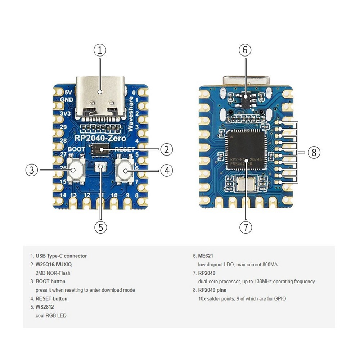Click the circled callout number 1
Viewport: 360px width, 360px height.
[x=100, y=50]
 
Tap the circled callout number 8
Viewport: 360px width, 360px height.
[x=314, y=152]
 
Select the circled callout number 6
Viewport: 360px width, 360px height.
[x=245, y=50]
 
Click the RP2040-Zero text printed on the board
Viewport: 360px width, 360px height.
[x=100, y=138]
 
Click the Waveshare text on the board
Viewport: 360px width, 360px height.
[x=131, y=113]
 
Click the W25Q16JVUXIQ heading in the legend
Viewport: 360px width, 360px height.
[x=56, y=264]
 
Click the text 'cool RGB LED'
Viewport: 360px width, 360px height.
[x=51, y=315]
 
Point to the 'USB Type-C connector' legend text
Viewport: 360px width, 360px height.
[x=61, y=256]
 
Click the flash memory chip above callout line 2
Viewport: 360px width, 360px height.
[x=100, y=149]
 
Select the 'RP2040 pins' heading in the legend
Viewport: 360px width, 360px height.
[x=212, y=290]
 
